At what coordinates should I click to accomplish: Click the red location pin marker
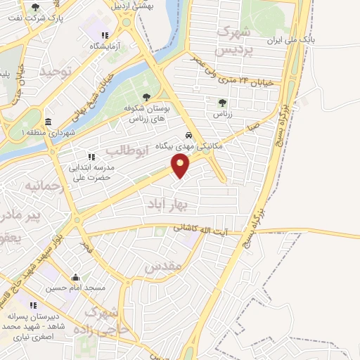point(181,165)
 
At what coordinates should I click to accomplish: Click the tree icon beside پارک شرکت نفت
point(35,7)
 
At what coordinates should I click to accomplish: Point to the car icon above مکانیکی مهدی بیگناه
point(188,135)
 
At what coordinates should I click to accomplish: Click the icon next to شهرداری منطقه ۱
point(48,122)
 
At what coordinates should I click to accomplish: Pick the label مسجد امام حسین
point(76,288)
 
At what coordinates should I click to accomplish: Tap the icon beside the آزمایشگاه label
point(105,35)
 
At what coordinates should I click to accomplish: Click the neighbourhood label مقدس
point(162,266)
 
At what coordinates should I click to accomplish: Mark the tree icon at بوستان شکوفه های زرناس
point(146,98)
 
